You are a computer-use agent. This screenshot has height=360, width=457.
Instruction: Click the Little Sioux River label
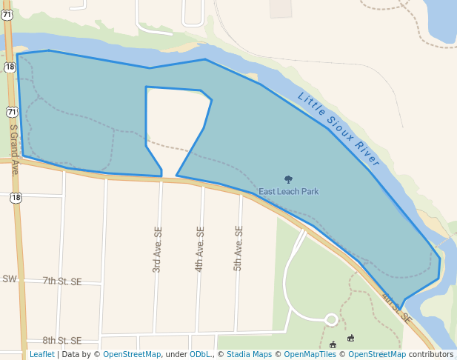[338, 130]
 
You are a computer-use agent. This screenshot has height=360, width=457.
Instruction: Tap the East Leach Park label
[288, 191]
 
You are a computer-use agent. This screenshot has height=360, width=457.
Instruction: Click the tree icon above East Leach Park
[288, 179]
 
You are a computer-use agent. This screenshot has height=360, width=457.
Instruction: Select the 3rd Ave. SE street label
[157, 253]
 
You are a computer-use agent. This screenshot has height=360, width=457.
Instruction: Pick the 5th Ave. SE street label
[238, 248]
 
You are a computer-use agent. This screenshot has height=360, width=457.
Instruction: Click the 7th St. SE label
[62, 281]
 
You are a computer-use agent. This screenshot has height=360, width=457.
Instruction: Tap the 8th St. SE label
[62, 341]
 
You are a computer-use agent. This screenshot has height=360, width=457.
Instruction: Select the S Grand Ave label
[13, 148]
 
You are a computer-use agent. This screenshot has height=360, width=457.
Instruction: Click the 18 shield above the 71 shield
[8, 67]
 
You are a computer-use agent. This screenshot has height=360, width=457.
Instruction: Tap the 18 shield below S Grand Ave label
[16, 198]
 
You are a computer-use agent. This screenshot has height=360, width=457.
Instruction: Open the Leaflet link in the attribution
[41, 354]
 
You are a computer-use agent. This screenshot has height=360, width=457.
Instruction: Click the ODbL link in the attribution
[199, 354]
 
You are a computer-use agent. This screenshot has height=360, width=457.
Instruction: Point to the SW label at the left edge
[9, 279]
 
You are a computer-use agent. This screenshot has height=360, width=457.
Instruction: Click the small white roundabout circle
[331, 320]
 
